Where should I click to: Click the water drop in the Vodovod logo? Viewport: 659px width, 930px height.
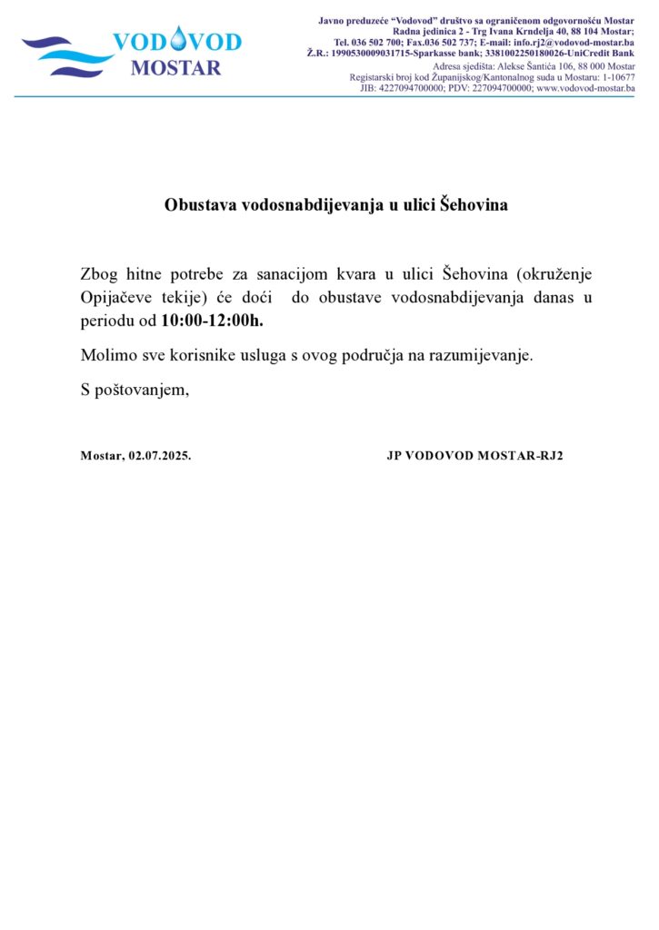(x=177, y=39)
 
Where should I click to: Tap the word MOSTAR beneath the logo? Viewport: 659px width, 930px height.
(x=175, y=68)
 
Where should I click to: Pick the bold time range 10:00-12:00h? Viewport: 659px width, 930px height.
(x=212, y=321)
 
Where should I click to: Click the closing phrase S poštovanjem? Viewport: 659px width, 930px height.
(x=135, y=390)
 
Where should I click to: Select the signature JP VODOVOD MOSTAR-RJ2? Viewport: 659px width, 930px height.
(x=474, y=456)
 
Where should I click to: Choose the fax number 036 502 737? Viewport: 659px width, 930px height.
(x=447, y=43)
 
